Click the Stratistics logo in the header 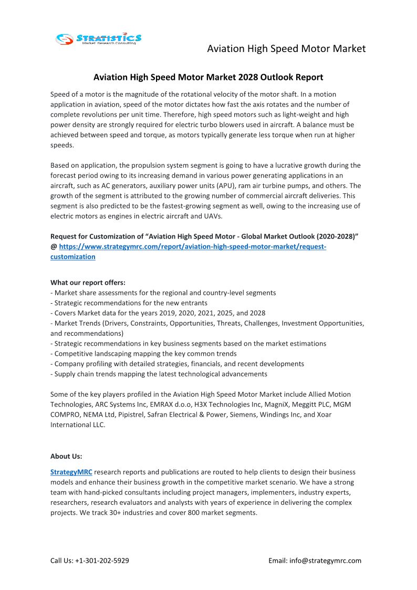click(x=99, y=39)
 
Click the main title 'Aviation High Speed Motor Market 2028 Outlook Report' click(x=208, y=77)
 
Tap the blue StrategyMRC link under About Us click(x=71, y=472)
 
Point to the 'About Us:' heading click(x=66, y=456)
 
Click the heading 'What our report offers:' click(x=88, y=283)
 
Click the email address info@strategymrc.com click(x=325, y=561)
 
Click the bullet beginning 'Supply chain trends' click(x=159, y=374)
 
